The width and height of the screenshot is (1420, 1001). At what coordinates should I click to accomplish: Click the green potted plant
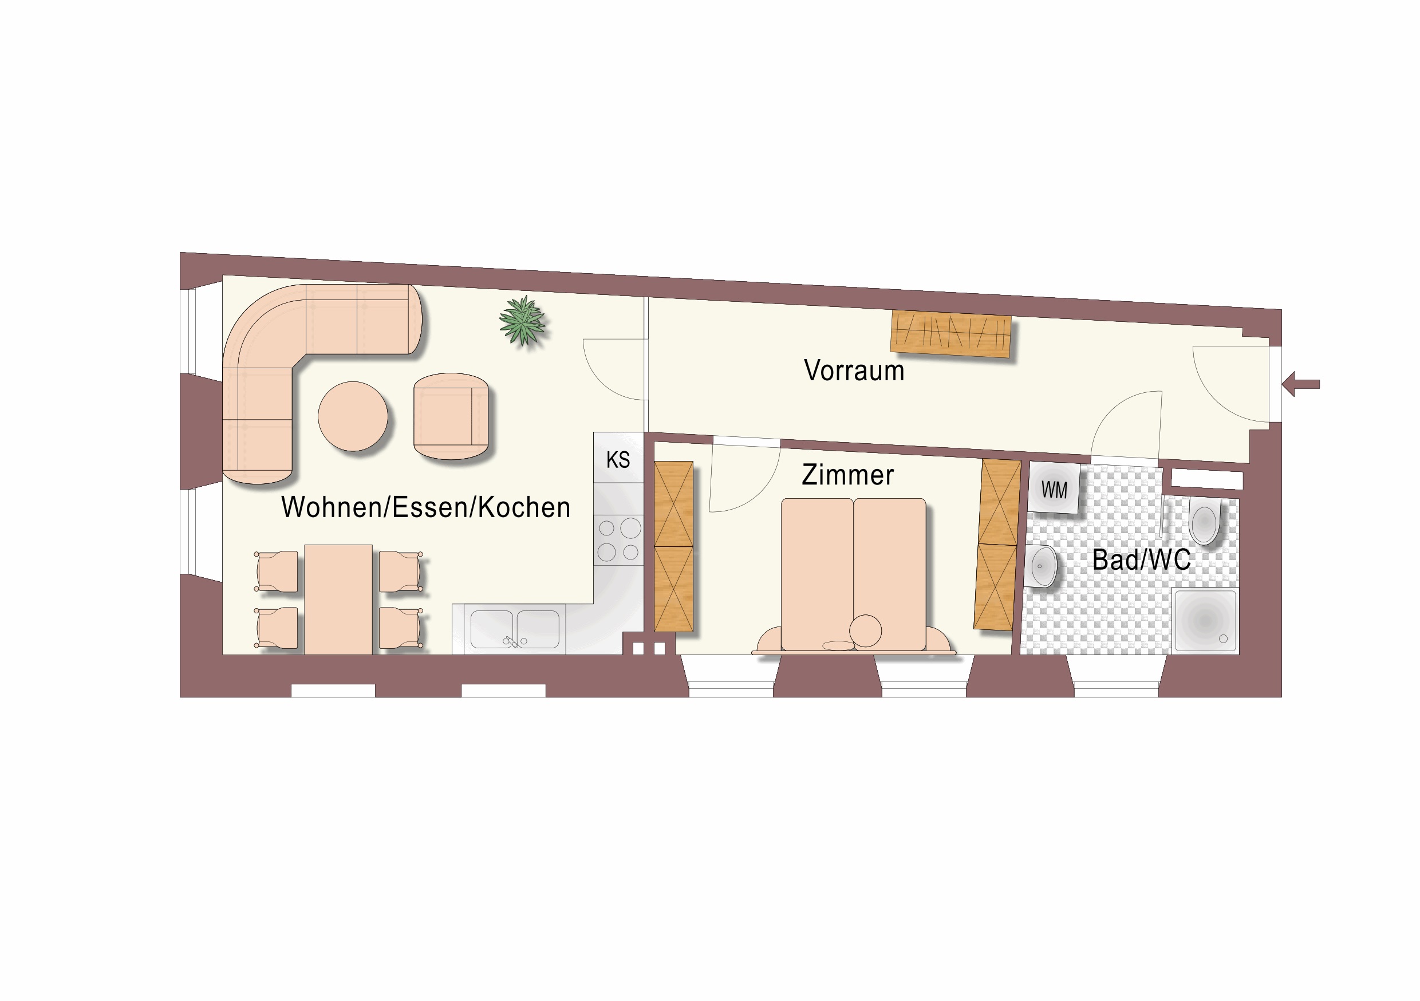pyautogui.click(x=523, y=321)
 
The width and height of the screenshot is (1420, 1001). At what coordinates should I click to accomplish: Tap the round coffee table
pyautogui.click(x=353, y=416)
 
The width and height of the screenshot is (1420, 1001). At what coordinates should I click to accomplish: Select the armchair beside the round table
pyautogui.click(x=451, y=416)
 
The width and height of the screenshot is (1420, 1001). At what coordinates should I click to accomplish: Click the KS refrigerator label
pyautogui.click(x=618, y=460)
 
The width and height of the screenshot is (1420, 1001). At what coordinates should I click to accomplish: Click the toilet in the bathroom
pyautogui.click(x=1204, y=523)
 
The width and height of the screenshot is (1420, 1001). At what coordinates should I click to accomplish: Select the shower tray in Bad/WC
pyautogui.click(x=1205, y=620)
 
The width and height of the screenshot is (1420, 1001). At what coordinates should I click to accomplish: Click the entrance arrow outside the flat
pyautogui.click(x=1301, y=384)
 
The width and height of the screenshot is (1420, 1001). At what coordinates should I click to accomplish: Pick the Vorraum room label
pyautogui.click(x=854, y=371)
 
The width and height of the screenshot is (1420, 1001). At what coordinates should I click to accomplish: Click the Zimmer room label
pyautogui.click(x=848, y=475)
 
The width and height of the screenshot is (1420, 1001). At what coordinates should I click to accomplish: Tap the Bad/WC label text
pyautogui.click(x=1142, y=560)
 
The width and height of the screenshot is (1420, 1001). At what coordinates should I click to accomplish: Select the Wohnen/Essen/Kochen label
pyautogui.click(x=425, y=507)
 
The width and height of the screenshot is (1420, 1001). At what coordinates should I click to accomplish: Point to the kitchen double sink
pyautogui.click(x=515, y=629)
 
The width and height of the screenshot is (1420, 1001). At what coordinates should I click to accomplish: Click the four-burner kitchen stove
pyautogui.click(x=618, y=540)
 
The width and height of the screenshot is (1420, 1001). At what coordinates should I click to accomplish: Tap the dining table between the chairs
pyautogui.click(x=338, y=599)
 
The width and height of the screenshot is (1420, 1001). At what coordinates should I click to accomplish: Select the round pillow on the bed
pyautogui.click(x=865, y=630)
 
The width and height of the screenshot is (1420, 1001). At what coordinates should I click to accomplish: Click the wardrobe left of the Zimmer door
pyautogui.click(x=673, y=546)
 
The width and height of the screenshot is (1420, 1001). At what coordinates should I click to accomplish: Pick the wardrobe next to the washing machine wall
pyautogui.click(x=996, y=545)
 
